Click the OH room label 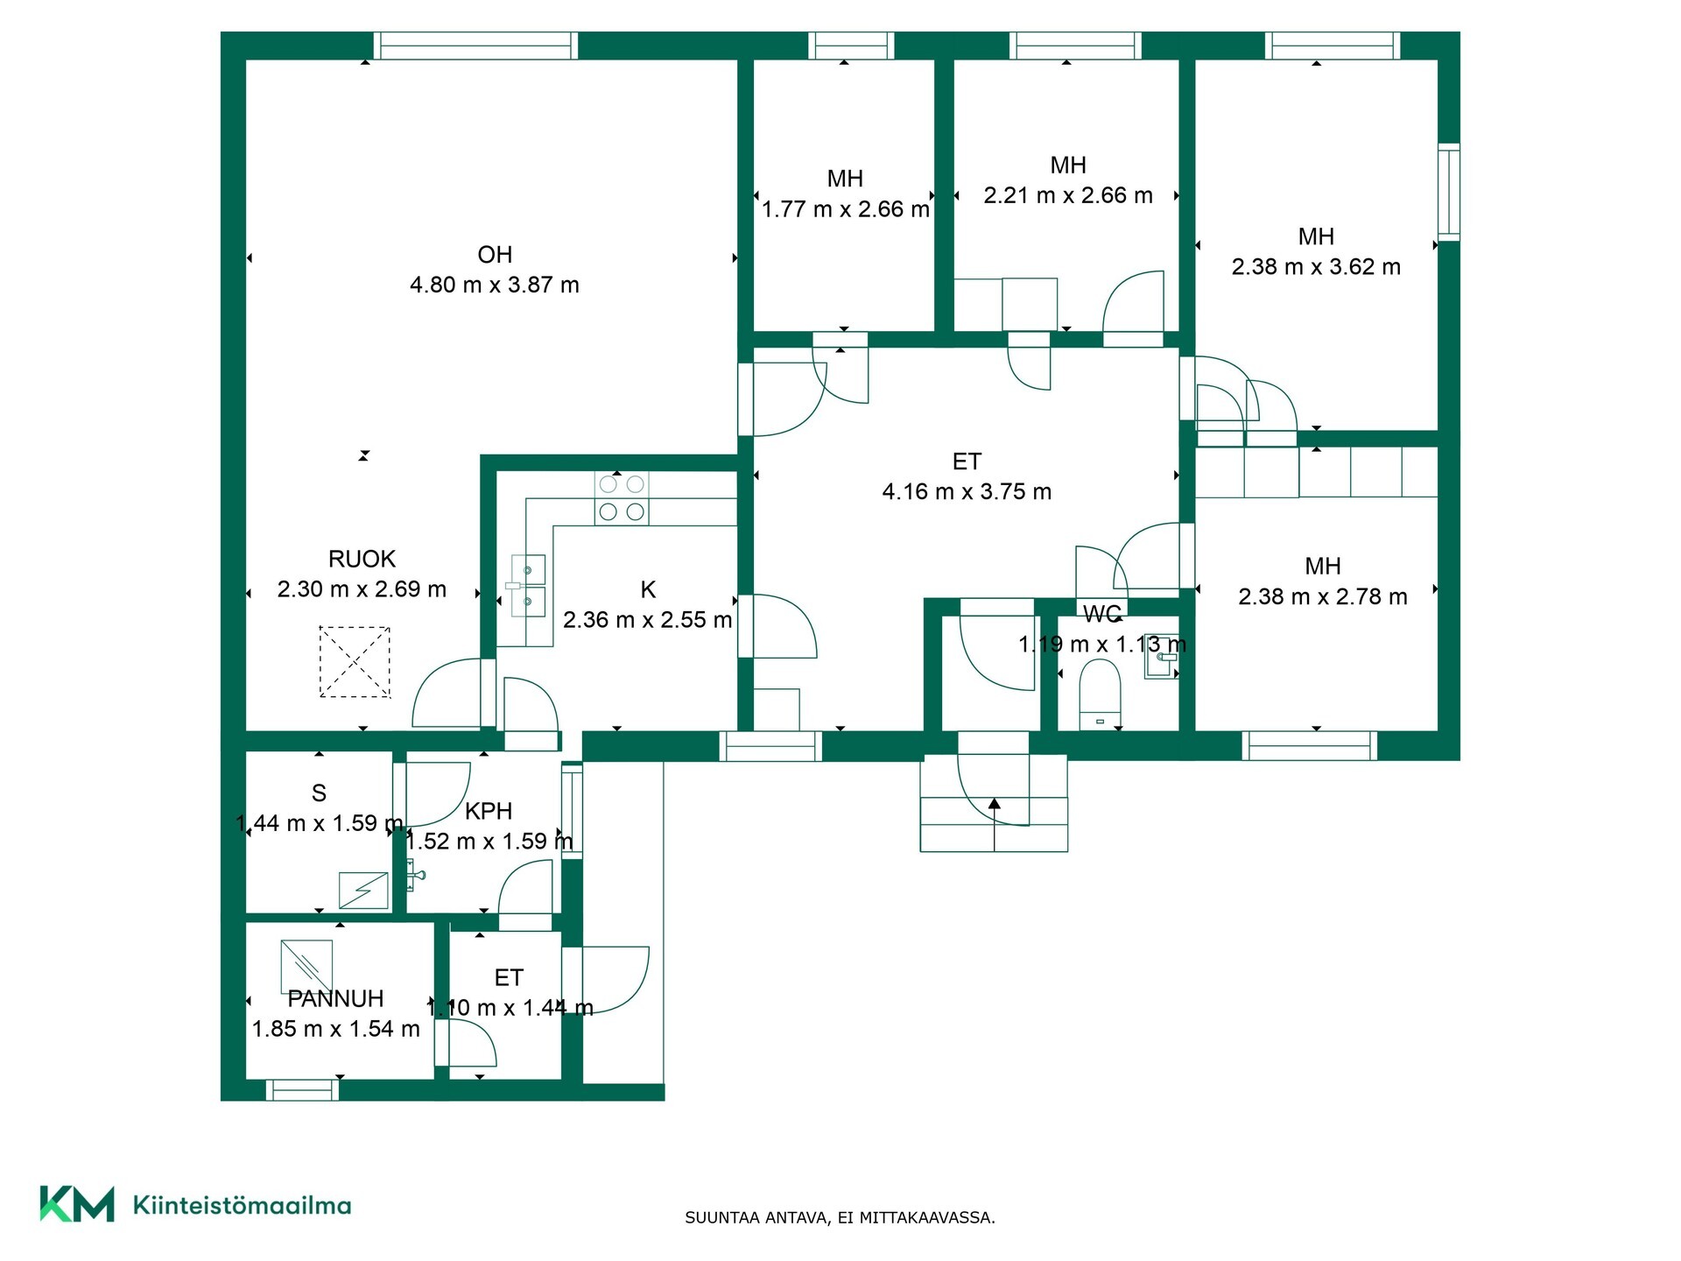click(x=495, y=255)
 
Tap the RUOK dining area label click(x=362, y=559)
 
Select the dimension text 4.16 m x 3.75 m click(x=967, y=491)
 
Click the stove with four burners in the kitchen click(x=622, y=498)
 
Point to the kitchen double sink click(x=528, y=586)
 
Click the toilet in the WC click(x=1100, y=694)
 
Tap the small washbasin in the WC click(x=1161, y=663)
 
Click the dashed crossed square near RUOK click(x=355, y=662)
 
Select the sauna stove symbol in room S click(x=363, y=890)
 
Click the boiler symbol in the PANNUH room click(x=306, y=966)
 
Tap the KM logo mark click(x=77, y=1204)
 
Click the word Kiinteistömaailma click(x=242, y=1205)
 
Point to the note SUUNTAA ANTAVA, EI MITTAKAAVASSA click(x=840, y=1217)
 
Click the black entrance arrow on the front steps click(x=995, y=803)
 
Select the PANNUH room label click(x=336, y=998)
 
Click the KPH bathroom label click(x=489, y=811)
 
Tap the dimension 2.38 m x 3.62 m click(x=1316, y=266)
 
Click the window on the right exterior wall click(x=1449, y=192)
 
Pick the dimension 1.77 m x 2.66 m click(x=845, y=209)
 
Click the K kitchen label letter click(x=648, y=589)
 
